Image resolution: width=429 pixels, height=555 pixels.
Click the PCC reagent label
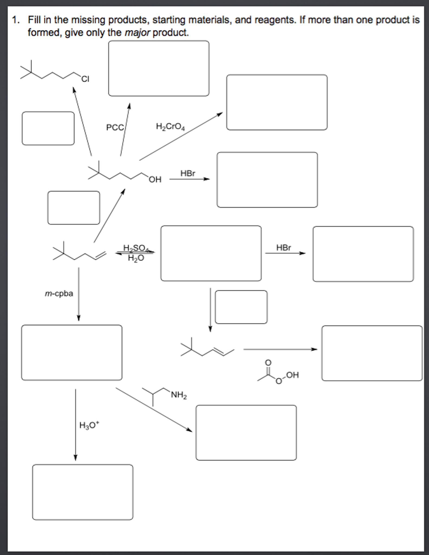[115, 127]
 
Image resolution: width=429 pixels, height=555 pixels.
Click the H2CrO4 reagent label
[170, 126]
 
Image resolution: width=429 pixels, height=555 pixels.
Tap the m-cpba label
[59, 294]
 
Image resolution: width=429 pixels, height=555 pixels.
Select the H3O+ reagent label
[89, 425]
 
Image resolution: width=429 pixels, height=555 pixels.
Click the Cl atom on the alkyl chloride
[85, 79]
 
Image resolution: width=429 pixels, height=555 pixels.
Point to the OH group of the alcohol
[155, 180]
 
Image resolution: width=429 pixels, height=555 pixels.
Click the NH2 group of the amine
[179, 395]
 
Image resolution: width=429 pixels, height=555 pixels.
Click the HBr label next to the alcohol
[188, 173]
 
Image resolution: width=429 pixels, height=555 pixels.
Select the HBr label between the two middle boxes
[284, 248]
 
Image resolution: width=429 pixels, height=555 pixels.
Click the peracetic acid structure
[278, 373]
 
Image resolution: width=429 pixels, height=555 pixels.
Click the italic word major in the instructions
[137, 33]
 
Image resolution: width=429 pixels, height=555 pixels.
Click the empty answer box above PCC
[159, 68]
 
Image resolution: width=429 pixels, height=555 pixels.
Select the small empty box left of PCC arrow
[48, 128]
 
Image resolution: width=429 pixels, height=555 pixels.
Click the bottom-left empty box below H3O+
[83, 492]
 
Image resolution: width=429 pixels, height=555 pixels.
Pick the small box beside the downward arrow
[241, 307]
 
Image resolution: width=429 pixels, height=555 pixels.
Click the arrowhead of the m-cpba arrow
[79, 318]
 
